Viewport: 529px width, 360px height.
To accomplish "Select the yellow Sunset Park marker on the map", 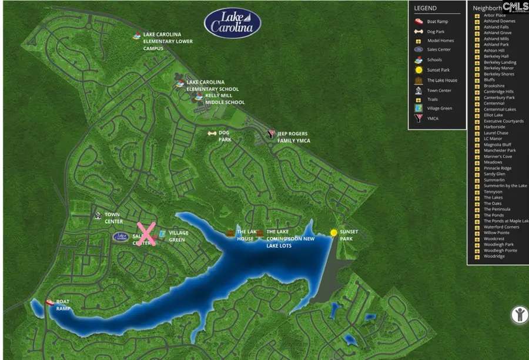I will click(334, 233).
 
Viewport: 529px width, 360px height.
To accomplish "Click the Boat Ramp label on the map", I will click(63, 305).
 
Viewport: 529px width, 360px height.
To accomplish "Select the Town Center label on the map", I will click(113, 218).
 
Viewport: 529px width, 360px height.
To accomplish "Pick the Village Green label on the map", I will click(179, 236).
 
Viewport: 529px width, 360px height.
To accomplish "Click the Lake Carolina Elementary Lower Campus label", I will click(162, 41).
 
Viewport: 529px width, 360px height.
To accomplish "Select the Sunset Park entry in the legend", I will click(438, 70).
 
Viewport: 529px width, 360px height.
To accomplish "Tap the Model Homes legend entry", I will click(440, 41).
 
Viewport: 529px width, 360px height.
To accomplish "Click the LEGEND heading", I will click(426, 8).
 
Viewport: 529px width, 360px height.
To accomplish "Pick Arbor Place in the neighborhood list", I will click(494, 15).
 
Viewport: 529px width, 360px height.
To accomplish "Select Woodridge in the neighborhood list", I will click(494, 256).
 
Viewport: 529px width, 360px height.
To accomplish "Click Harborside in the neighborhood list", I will click(494, 127).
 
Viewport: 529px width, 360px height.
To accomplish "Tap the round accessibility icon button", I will click(519, 314).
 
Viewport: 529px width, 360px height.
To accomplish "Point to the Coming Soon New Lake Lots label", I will click(290, 238).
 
